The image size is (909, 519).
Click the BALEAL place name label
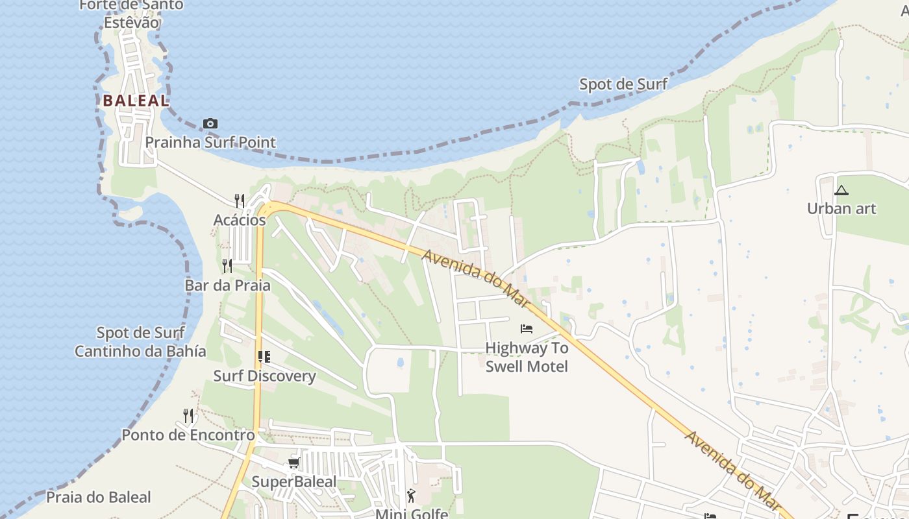[136, 101]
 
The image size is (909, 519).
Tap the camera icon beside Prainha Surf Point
[210, 123]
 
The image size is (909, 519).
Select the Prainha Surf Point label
[210, 142]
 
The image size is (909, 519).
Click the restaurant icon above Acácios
[240, 201]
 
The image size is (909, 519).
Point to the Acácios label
[240, 220]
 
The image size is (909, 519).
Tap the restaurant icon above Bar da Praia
[227, 266]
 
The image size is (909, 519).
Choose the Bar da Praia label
[227, 285]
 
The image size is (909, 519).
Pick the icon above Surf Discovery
[264, 357]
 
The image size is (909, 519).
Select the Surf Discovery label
[264, 376]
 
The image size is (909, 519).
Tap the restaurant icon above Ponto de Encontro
[188, 415]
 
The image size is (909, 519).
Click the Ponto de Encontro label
[188, 435]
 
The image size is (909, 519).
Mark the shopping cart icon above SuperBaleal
[293, 463]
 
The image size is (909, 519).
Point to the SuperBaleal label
[293, 481]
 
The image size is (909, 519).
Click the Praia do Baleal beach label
[98, 498]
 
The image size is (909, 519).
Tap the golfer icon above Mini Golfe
[411, 496]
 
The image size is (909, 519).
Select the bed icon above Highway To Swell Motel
[527, 329]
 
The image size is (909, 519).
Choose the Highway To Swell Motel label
[527, 357]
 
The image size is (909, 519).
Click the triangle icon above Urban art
[841, 190]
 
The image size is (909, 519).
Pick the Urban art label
[841, 209]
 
